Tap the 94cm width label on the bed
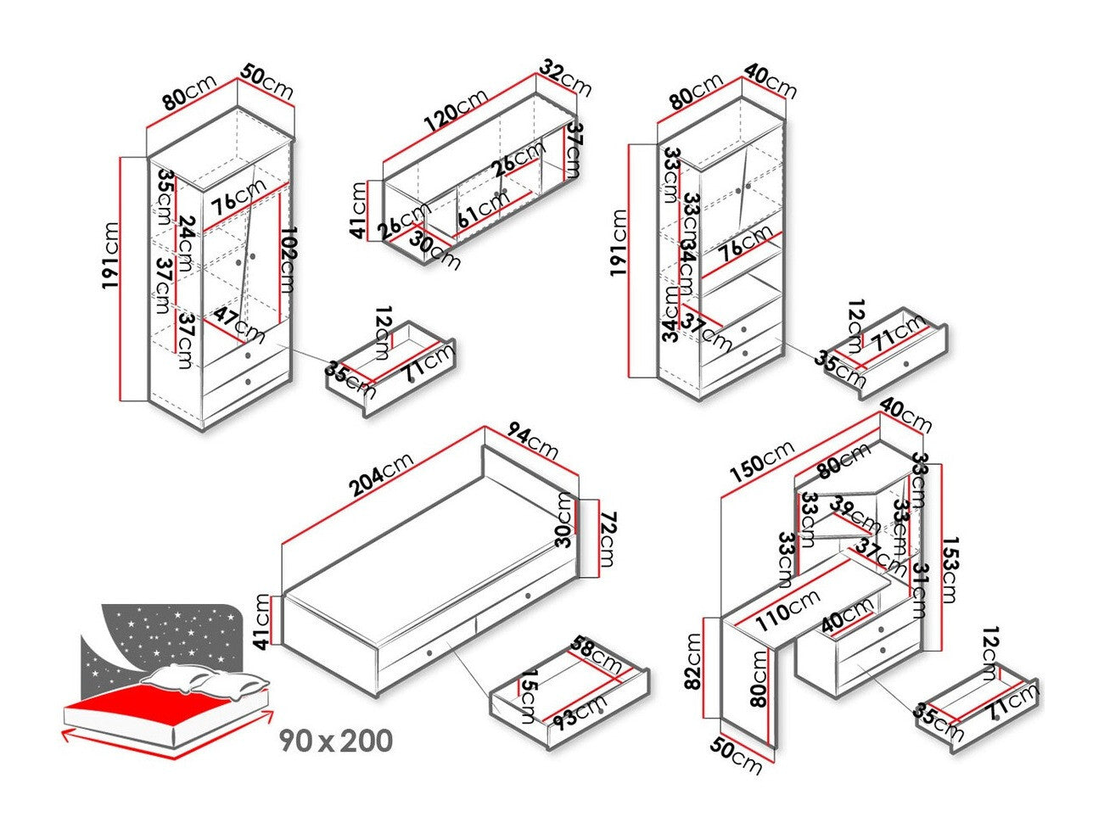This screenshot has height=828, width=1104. point(531,440)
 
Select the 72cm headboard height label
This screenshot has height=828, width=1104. point(607,540)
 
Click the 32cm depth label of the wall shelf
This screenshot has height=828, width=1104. point(566,77)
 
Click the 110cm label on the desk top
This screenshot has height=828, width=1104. point(788,611)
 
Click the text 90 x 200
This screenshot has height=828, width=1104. point(337,741)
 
